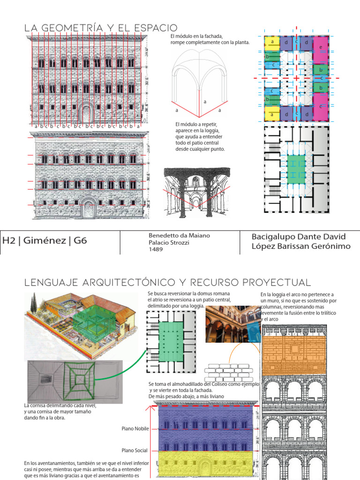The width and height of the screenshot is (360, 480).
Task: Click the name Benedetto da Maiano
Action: click(179, 235)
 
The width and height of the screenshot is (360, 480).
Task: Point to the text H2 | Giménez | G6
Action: click(45, 241)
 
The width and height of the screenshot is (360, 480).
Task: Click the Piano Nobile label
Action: click(135, 428)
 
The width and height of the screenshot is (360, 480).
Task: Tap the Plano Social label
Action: click(135, 450)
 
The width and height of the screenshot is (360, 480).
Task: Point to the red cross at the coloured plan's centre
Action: click(297, 78)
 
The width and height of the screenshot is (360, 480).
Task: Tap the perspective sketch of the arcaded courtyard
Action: click(197, 192)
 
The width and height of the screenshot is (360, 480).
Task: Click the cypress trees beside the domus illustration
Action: click(33, 305)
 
